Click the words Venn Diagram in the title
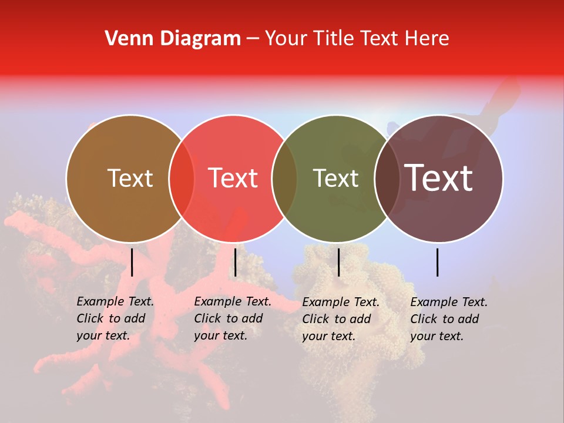(173, 39)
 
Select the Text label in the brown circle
(130, 178)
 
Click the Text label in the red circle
(233, 178)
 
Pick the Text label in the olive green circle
(335, 178)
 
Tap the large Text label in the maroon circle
(439, 178)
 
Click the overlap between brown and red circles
(182, 178)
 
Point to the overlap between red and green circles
(284, 178)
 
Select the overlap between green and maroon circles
(387, 178)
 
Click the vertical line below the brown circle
(132, 262)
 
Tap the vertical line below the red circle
(235, 262)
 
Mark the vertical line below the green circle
(338, 262)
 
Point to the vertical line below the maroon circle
(438, 262)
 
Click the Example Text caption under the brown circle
(115, 318)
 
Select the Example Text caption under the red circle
(233, 318)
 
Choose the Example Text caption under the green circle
(341, 319)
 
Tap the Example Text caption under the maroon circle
(449, 319)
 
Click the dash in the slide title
(253, 39)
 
